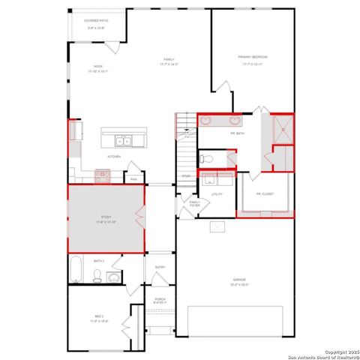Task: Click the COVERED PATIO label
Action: tap(94, 22)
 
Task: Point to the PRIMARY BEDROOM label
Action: tap(253, 57)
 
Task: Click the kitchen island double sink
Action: tap(123, 140)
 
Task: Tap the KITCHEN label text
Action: tap(114, 157)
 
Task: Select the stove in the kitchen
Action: tap(102, 175)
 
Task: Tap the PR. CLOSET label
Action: tap(265, 194)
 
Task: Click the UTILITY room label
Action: tap(217, 194)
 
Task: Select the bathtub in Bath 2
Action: tap(76, 271)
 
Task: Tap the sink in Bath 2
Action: tap(113, 277)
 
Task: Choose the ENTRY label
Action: tap(160, 267)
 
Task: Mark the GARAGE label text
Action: tap(238, 281)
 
